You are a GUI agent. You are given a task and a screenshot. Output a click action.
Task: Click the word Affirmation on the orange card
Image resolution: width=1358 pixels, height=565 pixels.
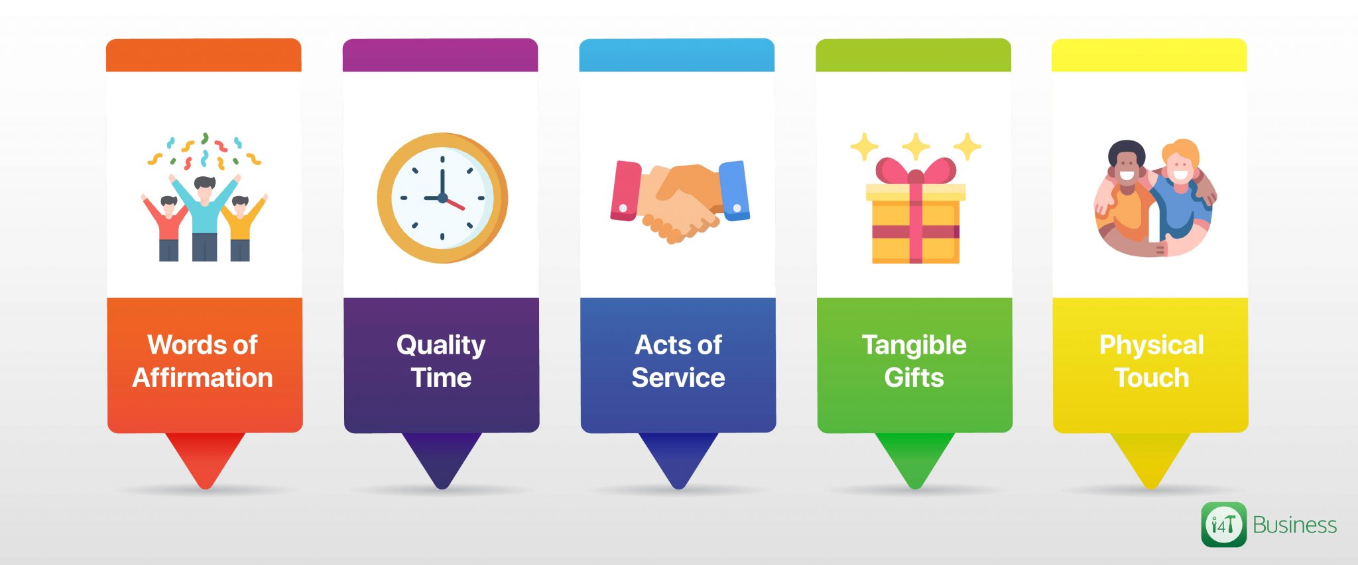(202, 378)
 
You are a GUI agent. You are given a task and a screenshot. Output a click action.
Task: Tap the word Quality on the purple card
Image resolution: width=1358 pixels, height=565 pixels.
(441, 345)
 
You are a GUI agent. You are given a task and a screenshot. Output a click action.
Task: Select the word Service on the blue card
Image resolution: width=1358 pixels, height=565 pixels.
(678, 378)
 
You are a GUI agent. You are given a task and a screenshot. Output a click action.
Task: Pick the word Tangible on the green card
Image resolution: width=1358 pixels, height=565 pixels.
(914, 345)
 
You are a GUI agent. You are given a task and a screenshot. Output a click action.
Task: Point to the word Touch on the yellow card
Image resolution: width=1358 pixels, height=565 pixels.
(1151, 378)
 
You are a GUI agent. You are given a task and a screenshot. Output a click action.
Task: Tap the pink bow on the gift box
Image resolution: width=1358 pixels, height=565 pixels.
(915, 172)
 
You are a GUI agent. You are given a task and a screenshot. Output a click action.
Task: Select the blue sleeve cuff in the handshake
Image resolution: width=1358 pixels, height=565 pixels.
(734, 190)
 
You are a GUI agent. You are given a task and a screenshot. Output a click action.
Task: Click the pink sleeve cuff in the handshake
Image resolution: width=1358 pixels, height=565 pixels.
(625, 191)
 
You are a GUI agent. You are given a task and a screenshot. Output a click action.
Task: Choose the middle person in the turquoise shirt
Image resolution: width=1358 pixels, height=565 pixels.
(204, 212)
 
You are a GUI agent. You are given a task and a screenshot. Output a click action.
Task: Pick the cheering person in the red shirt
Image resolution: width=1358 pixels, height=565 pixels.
(168, 225)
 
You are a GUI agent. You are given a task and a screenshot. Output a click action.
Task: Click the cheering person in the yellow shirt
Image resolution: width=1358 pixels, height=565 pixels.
(240, 225)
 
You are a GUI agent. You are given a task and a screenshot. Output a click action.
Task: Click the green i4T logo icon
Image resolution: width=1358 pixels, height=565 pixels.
(1223, 525)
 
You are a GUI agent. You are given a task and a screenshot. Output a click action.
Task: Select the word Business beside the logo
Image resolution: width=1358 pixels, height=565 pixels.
(1294, 525)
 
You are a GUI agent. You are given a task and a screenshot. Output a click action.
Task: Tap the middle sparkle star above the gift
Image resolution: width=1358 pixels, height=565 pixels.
(915, 146)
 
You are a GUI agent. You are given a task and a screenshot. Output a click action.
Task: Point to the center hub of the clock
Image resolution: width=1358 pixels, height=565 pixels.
(442, 198)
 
